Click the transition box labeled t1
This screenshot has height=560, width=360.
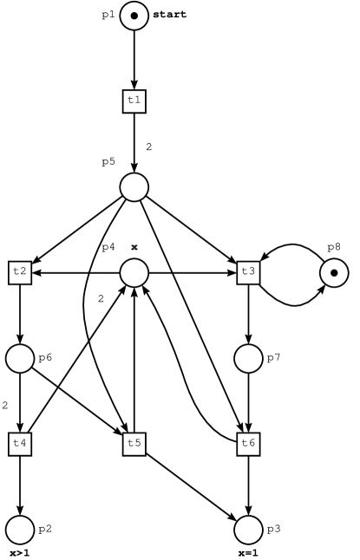[134, 101]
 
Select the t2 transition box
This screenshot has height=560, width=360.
[20, 272]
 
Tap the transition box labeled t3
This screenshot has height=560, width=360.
[248, 272]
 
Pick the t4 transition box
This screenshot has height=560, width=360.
[20, 444]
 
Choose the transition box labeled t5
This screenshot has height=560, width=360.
[134, 444]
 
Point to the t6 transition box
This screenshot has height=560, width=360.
[248, 444]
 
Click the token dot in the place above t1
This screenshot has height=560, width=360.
[134, 16]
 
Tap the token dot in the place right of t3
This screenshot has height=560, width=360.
[334, 273]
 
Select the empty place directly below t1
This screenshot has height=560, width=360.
[134, 187]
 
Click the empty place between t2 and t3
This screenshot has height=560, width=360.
[134, 273]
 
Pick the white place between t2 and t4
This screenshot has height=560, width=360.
[20, 358]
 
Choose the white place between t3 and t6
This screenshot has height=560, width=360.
[248, 358]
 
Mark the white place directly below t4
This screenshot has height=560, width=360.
[20, 529]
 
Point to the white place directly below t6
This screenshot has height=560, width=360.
[248, 529]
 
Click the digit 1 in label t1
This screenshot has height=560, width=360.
[137, 101]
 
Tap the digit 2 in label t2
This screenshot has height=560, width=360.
[23, 272]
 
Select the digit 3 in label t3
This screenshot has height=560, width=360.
[252, 272]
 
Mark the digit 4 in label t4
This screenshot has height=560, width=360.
[23, 444]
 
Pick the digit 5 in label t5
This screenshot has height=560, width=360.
[137, 444]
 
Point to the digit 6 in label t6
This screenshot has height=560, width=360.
[252, 444]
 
